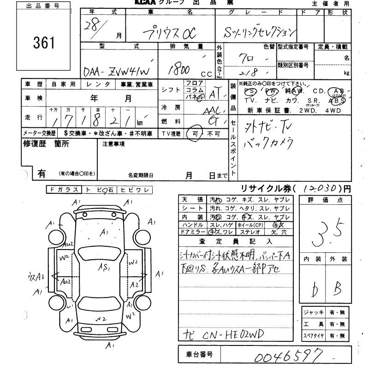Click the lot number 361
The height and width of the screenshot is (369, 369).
tap(44, 42)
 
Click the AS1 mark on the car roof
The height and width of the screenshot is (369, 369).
tap(106, 268)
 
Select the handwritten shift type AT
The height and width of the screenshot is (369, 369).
tap(214, 95)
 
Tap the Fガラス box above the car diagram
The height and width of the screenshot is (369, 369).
tap(64, 190)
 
